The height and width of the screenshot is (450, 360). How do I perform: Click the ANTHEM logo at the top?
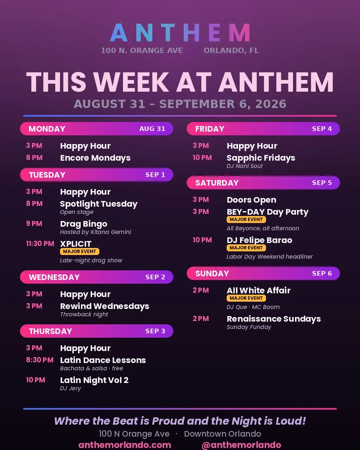(180, 33)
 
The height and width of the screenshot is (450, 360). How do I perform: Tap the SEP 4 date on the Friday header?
(322, 129)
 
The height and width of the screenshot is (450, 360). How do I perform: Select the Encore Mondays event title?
(95, 158)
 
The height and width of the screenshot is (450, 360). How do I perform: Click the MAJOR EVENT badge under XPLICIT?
(79, 251)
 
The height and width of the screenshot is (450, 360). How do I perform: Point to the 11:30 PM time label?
(40, 243)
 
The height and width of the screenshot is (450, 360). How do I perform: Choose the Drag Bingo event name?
(84, 224)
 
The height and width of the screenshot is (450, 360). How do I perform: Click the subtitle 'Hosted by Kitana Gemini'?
(95, 232)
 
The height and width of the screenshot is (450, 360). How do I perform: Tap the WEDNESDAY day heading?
(54, 277)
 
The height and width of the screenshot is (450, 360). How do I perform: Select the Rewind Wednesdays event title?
(105, 306)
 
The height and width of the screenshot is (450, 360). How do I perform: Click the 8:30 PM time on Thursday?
(40, 360)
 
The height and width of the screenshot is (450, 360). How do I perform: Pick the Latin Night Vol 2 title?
(94, 380)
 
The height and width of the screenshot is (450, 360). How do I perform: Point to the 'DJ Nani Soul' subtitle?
(244, 166)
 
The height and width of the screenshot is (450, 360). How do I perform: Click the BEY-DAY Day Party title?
(268, 212)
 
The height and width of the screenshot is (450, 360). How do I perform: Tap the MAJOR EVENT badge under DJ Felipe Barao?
(246, 248)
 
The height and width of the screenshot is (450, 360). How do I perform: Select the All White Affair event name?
(259, 290)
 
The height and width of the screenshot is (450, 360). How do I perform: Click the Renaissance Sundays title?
(274, 319)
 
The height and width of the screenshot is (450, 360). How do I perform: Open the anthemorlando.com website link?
(125, 445)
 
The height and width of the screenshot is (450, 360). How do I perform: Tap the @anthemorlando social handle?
(241, 445)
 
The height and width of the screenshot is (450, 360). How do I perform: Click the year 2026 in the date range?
(271, 104)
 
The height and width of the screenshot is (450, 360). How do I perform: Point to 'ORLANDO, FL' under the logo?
(231, 50)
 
